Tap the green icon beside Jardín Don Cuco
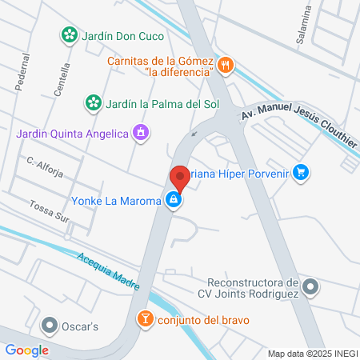click(70, 34)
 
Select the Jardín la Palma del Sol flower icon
click(94, 102)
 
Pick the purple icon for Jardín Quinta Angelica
click(141, 132)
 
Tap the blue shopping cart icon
click(301, 171)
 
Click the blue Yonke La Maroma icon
click(173, 201)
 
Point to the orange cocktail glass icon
click(145, 320)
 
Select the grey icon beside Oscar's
click(50, 326)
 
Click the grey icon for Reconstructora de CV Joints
click(313, 286)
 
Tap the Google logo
click(26, 350)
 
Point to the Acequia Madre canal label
click(109, 271)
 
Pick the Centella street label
click(62, 79)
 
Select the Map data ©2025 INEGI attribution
click(311, 353)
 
